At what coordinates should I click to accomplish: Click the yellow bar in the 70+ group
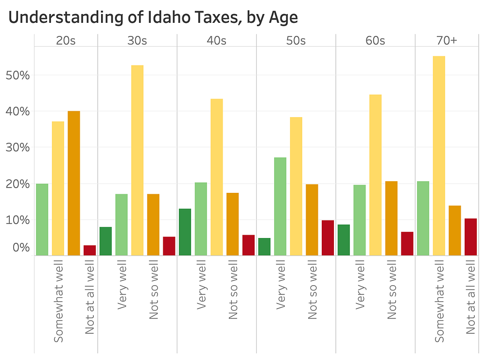(439, 155)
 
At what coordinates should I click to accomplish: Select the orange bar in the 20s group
(74, 183)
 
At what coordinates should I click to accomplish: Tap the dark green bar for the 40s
(185, 232)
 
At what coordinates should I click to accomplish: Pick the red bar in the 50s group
(328, 238)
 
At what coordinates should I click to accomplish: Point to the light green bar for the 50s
(280, 206)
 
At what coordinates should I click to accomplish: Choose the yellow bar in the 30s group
(137, 160)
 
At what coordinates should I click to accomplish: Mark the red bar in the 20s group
(89, 250)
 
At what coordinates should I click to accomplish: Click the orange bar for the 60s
(391, 218)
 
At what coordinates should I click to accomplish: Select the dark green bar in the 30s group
(105, 241)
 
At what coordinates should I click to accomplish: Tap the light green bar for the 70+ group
(423, 218)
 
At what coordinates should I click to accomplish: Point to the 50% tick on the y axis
(17, 76)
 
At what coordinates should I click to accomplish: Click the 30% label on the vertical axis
(17, 148)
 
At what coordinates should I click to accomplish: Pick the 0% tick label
(20, 248)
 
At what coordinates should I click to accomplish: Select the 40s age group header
(216, 41)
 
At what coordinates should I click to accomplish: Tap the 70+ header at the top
(447, 41)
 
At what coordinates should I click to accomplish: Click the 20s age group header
(66, 41)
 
